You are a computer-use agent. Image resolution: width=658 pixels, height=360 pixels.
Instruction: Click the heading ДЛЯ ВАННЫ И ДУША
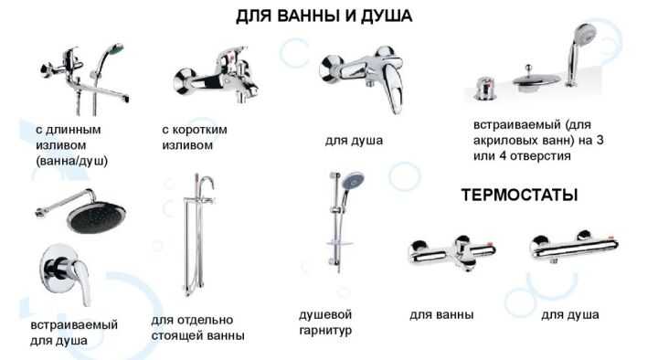pyautogui.click(x=324, y=16)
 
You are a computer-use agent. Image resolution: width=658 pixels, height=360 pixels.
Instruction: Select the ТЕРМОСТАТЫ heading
pyautogui.click(x=519, y=196)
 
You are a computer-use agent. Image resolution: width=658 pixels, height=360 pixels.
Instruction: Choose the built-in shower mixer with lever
pyautogui.click(x=61, y=271)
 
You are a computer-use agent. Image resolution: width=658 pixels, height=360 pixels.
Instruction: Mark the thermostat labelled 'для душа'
pyautogui.click(x=570, y=249)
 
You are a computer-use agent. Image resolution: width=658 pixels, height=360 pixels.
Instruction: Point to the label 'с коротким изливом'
pyautogui.click(x=194, y=136)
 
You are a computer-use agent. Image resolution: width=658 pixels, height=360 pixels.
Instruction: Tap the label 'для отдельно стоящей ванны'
pyautogui.click(x=197, y=327)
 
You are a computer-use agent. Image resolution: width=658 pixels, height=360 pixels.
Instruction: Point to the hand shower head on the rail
pyautogui.click(x=353, y=184)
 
